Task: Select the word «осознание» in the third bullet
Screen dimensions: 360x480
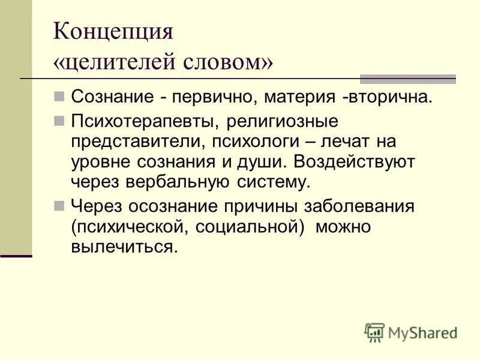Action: (x=185, y=207)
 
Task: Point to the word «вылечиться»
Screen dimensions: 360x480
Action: (x=124, y=247)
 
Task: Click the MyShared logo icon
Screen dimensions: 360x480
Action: (x=374, y=332)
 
